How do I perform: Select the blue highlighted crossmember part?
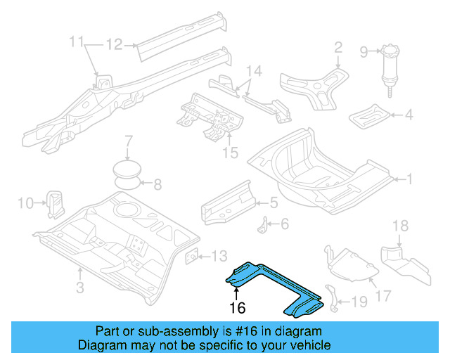(x=274, y=285)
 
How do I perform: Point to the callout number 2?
(x=338, y=48)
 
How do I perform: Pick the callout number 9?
(x=364, y=51)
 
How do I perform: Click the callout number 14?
(x=254, y=71)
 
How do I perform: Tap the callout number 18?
(x=399, y=226)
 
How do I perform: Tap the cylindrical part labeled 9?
(x=388, y=70)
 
